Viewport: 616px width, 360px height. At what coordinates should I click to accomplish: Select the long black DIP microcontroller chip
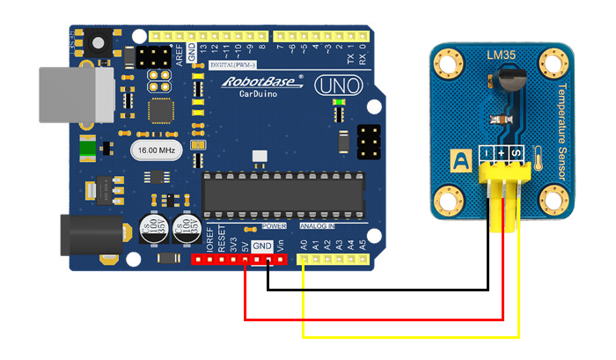pos(282,193)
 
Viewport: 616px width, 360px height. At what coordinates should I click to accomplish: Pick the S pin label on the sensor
pos(516,156)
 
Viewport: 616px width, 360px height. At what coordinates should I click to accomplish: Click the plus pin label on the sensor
pos(502,156)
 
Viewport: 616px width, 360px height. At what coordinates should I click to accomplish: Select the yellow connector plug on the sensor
pos(502,189)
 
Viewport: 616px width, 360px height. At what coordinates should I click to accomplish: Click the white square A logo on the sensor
pos(460,160)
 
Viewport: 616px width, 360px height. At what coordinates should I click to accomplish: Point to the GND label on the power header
pos(262,246)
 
